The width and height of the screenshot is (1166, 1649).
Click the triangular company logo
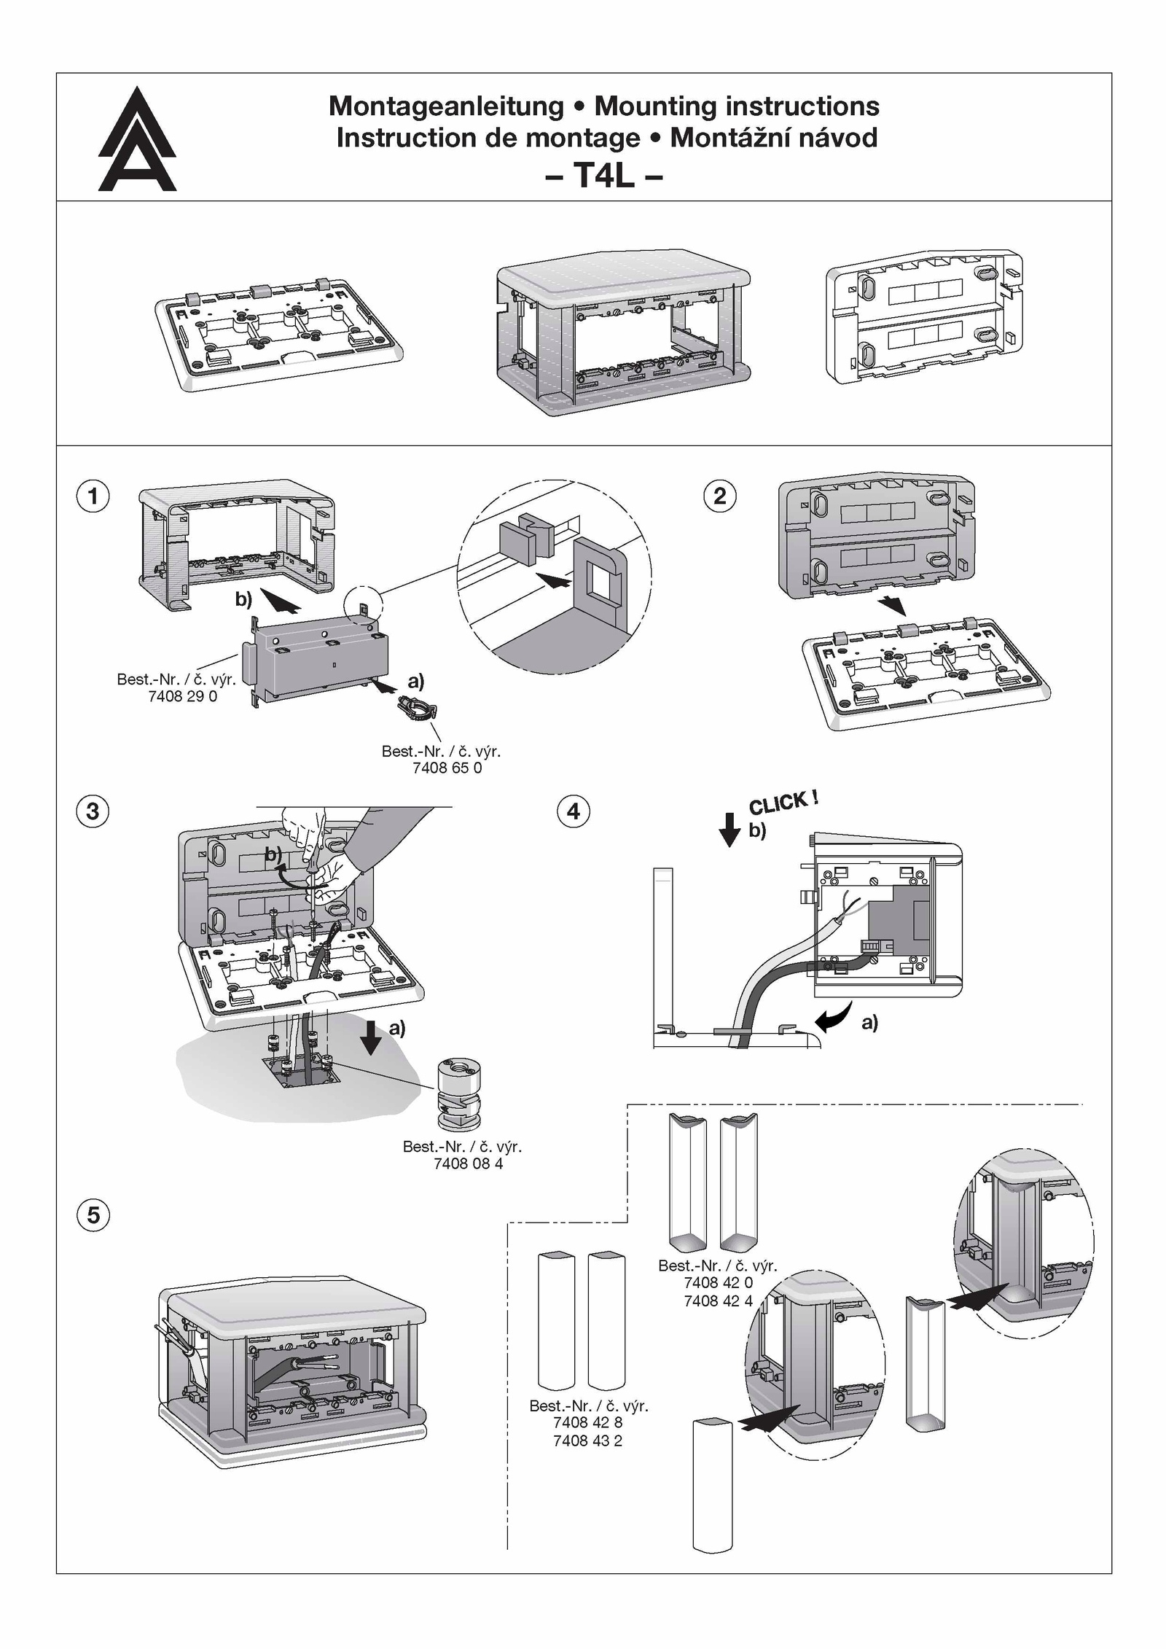coord(137,141)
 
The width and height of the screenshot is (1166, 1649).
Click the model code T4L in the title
coord(603,175)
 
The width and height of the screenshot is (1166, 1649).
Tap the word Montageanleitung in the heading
coord(446,106)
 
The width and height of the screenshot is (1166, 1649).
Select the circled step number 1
coord(93,496)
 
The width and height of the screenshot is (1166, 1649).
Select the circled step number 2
coord(720,496)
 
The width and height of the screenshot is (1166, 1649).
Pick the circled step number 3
coord(93,811)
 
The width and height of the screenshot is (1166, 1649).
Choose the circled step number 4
coord(574,811)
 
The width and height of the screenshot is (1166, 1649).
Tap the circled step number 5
coord(93,1215)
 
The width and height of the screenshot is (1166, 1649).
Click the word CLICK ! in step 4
coord(783,803)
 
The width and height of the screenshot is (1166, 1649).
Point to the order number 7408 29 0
coord(182,696)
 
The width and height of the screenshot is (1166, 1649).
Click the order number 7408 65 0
coord(447,768)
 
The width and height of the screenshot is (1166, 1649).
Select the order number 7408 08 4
coord(468,1163)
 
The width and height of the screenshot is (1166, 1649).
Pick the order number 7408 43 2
coord(587,1441)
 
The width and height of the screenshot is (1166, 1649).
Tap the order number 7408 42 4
coord(718,1301)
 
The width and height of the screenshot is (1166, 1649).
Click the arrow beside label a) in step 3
coord(371,1037)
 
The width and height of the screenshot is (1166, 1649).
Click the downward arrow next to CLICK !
coord(729,829)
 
